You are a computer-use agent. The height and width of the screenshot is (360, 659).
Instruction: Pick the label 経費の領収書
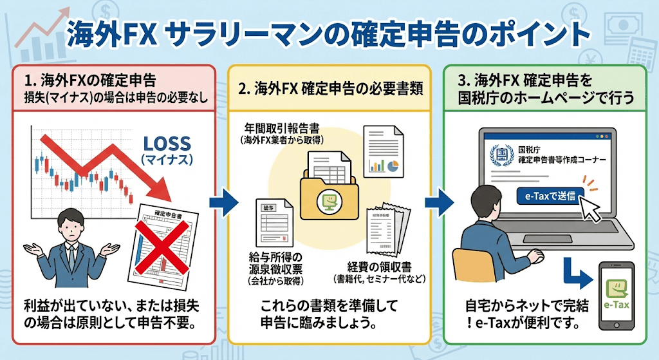[x=364, y=267]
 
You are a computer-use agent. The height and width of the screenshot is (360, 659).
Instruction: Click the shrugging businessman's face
[x=73, y=229]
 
